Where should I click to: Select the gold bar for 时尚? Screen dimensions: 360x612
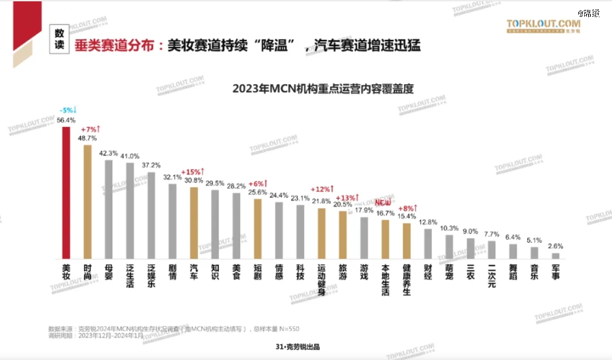87,202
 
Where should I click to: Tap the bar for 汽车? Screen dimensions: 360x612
194,223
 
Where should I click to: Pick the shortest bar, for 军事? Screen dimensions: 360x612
556,255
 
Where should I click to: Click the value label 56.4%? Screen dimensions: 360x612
66,120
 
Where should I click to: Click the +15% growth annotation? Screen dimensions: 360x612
194,171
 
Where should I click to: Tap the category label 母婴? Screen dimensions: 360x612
109,273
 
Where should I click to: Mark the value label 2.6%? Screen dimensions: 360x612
556,246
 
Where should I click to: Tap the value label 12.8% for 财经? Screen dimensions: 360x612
428,222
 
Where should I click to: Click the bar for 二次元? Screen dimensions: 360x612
492,249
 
